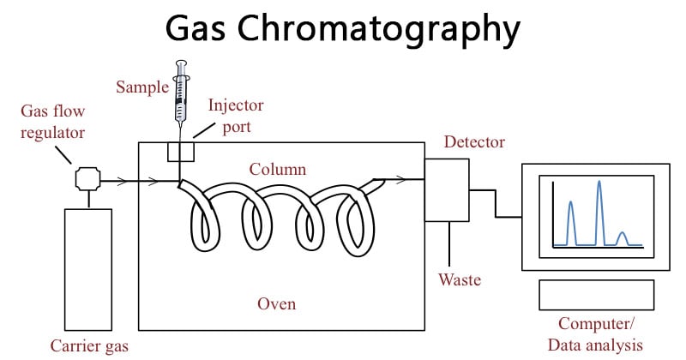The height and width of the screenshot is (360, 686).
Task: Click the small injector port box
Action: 180,151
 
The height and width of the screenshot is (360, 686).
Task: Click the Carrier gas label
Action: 88,347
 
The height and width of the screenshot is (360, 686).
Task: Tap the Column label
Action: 277,170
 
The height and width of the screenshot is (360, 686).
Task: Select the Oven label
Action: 277,304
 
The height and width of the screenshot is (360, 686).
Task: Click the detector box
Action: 448,190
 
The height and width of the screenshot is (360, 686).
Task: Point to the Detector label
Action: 473,142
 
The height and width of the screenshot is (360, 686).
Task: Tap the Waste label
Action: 460,280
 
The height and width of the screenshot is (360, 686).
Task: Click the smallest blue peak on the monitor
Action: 623,236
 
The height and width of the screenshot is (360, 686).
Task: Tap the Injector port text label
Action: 235,116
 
